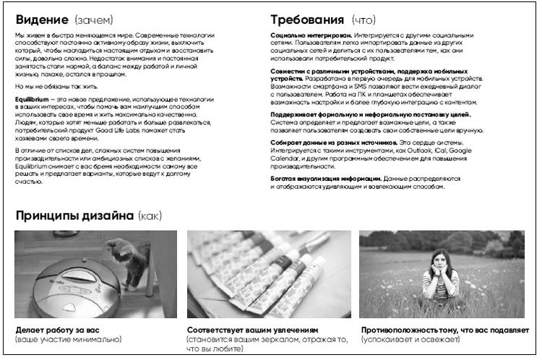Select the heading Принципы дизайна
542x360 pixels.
(x=74, y=215)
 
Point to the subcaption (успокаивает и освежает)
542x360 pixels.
(x=410, y=339)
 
